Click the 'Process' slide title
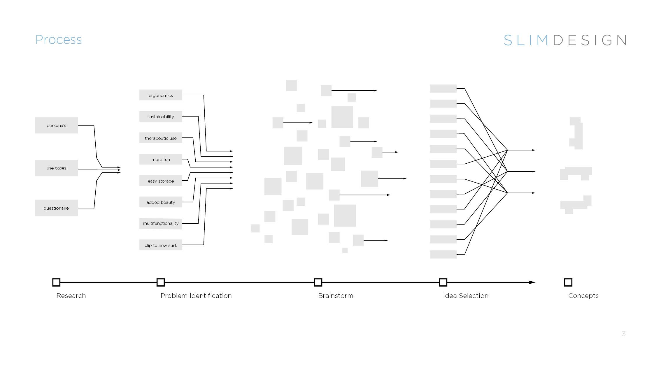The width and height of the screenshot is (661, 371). pyautogui.click(x=58, y=40)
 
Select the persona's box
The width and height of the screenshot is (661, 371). pyautogui.click(x=56, y=126)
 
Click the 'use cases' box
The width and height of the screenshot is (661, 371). pyautogui.click(x=56, y=168)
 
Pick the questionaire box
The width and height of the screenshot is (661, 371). pyautogui.click(x=56, y=208)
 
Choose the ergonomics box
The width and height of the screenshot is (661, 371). pyautogui.click(x=161, y=95)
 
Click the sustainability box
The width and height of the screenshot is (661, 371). pyautogui.click(x=161, y=116)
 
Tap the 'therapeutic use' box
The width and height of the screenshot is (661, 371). pyautogui.click(x=161, y=138)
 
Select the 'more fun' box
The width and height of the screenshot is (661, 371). pyautogui.click(x=161, y=159)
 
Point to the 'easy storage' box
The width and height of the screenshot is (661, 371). pyautogui.click(x=161, y=181)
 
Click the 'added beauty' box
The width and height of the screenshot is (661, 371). pyautogui.click(x=161, y=202)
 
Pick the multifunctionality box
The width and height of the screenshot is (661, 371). pyautogui.click(x=161, y=223)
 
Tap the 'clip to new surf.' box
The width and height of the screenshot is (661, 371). pyautogui.click(x=161, y=245)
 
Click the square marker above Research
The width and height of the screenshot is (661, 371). pyautogui.click(x=56, y=282)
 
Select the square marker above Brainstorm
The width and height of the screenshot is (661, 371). pyautogui.click(x=318, y=282)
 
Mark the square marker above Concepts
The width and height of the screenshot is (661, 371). pyautogui.click(x=568, y=282)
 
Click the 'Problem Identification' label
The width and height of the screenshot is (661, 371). pyautogui.click(x=196, y=296)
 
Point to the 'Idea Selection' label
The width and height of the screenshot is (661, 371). pyautogui.click(x=466, y=296)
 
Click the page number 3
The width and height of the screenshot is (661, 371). pyautogui.click(x=624, y=333)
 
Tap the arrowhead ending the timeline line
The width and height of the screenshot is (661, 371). pyautogui.click(x=532, y=282)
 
